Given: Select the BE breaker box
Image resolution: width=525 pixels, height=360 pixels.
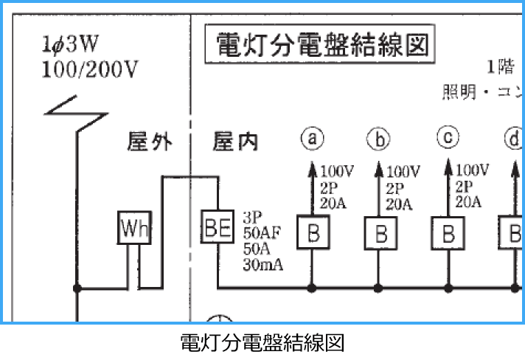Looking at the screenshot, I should click(218, 226).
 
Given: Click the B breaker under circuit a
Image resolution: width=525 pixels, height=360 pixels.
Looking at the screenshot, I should click(313, 234).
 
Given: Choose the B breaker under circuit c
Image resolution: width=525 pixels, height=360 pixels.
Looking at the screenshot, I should click(448, 234).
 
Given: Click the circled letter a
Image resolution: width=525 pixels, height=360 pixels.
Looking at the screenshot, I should click(313, 138).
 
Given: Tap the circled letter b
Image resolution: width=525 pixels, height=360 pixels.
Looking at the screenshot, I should click(379, 138).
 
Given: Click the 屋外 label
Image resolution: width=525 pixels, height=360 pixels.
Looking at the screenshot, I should click(150, 142).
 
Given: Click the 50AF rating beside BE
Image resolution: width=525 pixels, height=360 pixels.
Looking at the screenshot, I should click(262, 233).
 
